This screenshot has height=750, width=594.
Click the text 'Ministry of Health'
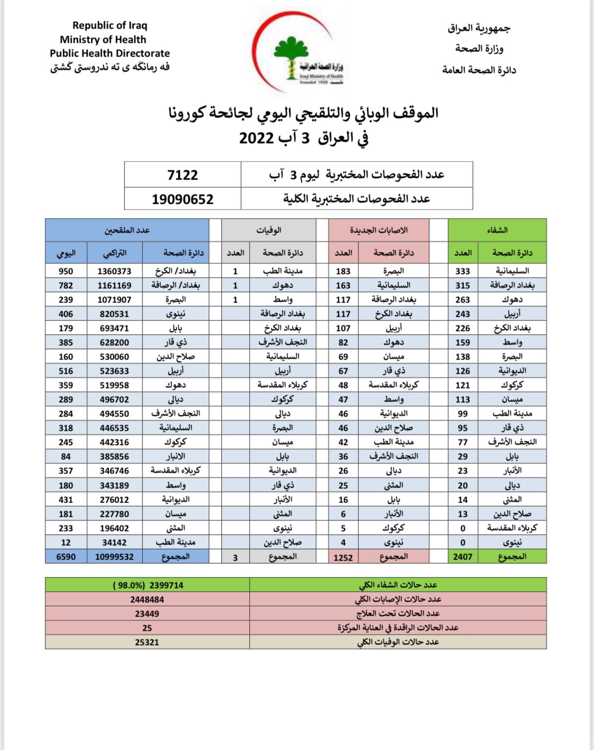point(103,40)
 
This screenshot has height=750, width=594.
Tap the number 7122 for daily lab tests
point(182,175)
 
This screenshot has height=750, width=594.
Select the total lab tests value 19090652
point(182,200)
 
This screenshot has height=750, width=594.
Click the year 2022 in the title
point(256,138)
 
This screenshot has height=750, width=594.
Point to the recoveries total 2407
point(463,557)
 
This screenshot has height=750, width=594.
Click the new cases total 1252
point(343,557)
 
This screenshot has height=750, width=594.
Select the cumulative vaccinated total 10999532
point(115,557)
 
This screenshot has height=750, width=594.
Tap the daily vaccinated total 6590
point(66,557)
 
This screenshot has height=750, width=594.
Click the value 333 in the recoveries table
point(463,271)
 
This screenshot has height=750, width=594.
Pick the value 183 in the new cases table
point(343,271)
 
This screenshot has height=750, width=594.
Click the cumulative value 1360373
point(115,271)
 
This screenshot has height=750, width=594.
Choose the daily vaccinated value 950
point(66,271)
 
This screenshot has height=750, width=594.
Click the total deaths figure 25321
point(147,642)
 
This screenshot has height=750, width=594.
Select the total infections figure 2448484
point(147,600)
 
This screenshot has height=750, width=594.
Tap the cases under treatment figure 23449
point(147,614)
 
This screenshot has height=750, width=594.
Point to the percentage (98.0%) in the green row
point(129,585)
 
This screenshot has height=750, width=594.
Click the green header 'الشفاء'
point(497,230)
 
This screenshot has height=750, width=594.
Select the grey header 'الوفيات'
point(269,230)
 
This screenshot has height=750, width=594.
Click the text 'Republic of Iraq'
point(110,25)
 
